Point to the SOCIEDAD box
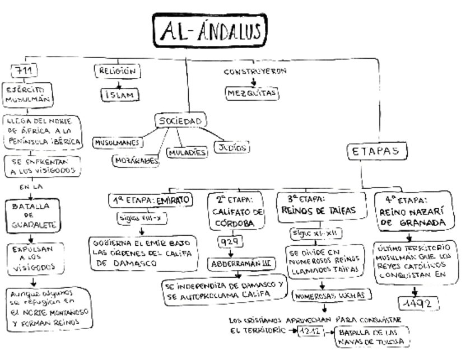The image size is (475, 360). (179, 121)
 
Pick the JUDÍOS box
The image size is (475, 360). (232, 148)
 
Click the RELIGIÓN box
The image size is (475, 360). (118, 72)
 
